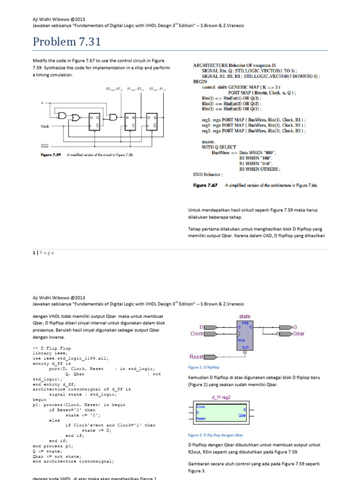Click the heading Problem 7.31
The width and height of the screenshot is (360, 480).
(67, 42)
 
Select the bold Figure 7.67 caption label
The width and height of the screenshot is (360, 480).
(206, 186)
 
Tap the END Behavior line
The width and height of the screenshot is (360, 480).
(205, 174)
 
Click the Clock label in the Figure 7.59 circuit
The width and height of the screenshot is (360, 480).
(45, 127)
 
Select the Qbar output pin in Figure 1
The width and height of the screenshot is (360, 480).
(298, 334)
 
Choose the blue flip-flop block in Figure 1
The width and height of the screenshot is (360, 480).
(246, 335)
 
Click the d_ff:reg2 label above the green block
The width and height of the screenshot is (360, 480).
(221, 397)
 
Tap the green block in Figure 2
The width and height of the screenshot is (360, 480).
(221, 411)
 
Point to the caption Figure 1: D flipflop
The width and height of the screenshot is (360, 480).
(204, 367)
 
